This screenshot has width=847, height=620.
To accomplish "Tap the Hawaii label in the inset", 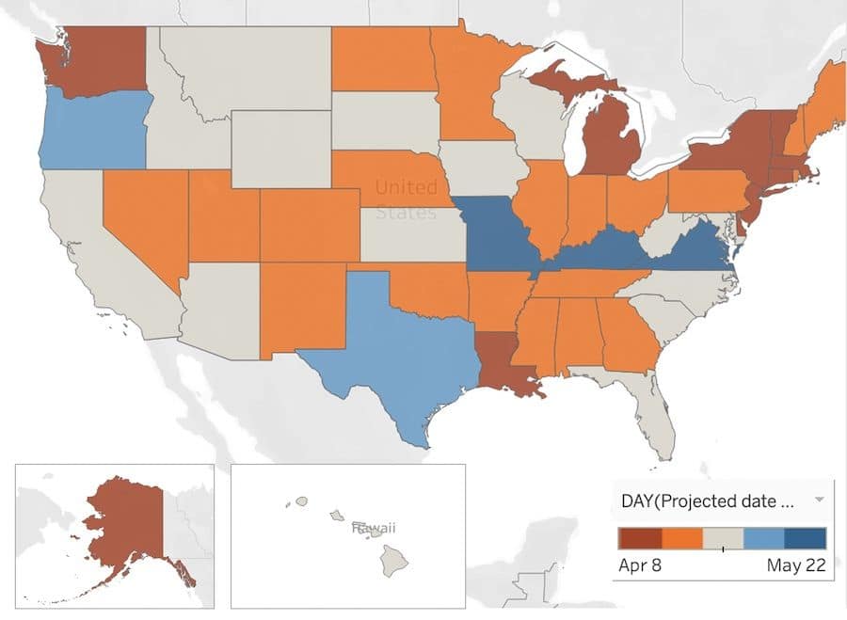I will coord(373,529).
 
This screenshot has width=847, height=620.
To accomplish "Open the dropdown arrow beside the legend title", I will coord(819,500).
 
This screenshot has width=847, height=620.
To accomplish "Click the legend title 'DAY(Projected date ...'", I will coord(706,501).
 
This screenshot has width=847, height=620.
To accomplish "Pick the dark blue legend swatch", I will coord(805,538).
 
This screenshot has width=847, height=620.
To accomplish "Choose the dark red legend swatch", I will coord(639,538).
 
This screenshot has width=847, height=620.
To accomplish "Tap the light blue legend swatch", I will coord(763,538).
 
